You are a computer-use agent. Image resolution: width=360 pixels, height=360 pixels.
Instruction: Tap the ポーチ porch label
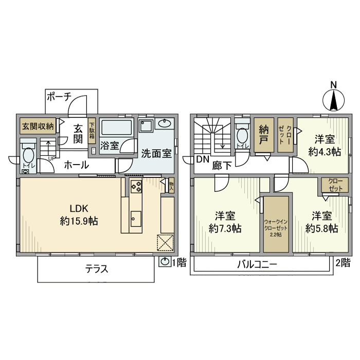58,96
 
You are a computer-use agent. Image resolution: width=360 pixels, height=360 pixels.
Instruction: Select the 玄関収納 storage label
38,126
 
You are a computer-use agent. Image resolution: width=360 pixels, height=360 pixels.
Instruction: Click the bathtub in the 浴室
117,127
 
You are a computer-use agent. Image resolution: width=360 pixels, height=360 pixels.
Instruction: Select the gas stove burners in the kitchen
136,187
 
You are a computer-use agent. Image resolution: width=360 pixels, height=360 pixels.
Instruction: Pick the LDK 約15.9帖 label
80,215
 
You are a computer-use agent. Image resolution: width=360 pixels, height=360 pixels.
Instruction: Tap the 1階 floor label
178,263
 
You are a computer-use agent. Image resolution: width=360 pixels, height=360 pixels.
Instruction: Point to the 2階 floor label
343,263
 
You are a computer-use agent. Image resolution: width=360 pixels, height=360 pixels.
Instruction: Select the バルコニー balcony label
257,265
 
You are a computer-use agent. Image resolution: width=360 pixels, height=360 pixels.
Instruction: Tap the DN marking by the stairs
202,159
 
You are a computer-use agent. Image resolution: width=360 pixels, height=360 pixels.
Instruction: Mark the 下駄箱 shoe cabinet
92,131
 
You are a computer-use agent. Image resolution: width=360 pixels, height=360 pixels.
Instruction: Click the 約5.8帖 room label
321,222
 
